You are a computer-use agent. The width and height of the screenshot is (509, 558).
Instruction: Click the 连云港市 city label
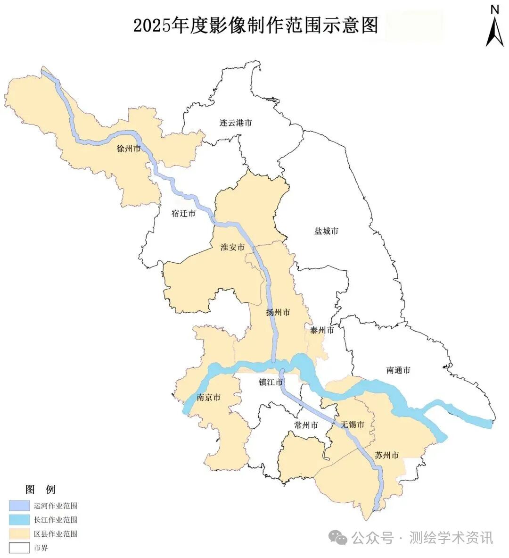(x=236, y=123)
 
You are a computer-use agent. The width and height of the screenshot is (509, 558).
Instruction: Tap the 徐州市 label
(x=129, y=149)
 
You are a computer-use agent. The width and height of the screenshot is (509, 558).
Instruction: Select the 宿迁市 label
(x=183, y=213)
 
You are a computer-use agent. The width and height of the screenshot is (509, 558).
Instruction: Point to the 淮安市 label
(x=233, y=247)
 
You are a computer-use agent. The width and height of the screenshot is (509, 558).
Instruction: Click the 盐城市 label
(x=326, y=231)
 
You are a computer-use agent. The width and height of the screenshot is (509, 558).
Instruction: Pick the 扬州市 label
(x=278, y=312)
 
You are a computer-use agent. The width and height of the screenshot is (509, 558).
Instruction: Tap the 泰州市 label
(x=322, y=330)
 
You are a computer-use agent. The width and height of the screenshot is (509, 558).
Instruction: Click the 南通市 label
(x=398, y=370)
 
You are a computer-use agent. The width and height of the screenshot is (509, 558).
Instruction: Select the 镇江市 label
(x=271, y=382)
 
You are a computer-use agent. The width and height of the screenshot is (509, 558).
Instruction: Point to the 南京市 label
(x=209, y=397)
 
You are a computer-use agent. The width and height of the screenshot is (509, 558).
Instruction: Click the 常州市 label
(x=306, y=425)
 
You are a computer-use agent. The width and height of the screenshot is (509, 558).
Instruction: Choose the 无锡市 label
(x=353, y=425)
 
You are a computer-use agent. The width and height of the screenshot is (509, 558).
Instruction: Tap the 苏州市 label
(x=387, y=455)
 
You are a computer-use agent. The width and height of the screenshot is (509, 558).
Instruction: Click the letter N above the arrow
(x=495, y=9)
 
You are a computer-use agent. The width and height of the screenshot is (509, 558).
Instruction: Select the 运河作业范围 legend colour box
(x=19, y=506)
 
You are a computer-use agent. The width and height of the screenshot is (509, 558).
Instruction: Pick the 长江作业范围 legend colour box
(x=19, y=520)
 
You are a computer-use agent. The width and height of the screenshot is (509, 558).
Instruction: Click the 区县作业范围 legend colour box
(x=19, y=534)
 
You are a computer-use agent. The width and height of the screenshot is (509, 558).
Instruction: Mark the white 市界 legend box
(x=19, y=548)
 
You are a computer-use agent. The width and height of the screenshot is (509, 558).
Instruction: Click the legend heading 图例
(x=40, y=489)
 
